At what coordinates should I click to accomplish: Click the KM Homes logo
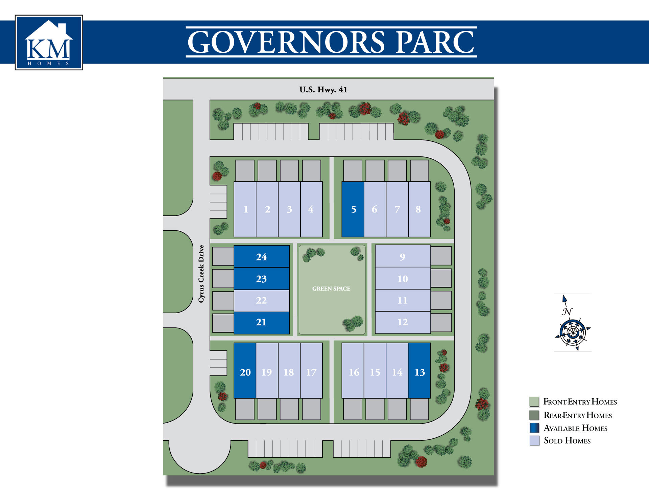click(49, 43)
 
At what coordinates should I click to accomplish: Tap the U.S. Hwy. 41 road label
click(323, 90)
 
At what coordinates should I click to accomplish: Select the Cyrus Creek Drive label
click(201, 274)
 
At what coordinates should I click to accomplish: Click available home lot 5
click(353, 209)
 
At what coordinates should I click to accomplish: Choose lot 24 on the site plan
click(261, 257)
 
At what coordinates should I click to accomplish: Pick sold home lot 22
click(261, 300)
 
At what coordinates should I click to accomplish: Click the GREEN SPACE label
click(331, 289)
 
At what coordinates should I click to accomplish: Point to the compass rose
click(573, 332)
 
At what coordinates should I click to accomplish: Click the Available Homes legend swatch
click(534, 428)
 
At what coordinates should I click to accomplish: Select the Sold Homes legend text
click(567, 441)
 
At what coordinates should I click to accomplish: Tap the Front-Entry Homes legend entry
click(580, 402)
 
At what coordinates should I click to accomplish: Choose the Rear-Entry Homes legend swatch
click(534, 415)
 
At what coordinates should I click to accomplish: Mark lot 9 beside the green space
click(402, 257)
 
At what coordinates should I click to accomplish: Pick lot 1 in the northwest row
click(245, 209)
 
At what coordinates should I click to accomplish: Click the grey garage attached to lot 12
click(441, 322)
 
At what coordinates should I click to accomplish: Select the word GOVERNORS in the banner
click(286, 42)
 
